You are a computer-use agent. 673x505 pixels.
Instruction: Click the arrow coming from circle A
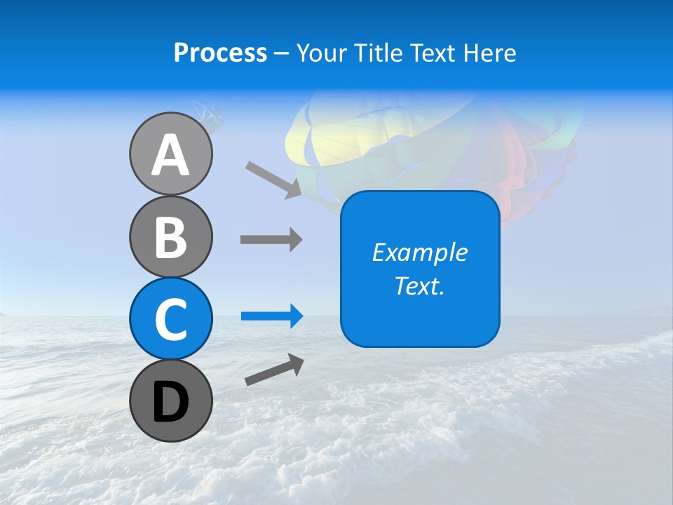tap(273, 178)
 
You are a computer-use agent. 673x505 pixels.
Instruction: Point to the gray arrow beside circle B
tap(271, 239)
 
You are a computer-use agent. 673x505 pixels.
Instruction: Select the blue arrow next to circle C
tap(271, 316)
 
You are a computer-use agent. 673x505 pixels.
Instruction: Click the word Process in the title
tap(220, 53)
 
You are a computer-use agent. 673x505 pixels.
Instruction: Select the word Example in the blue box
tap(419, 252)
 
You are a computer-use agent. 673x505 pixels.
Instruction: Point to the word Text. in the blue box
tap(419, 286)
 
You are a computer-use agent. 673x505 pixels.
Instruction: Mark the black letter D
tap(170, 403)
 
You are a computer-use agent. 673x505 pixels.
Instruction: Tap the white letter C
tap(170, 319)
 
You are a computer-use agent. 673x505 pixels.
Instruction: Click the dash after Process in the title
tap(281, 53)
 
